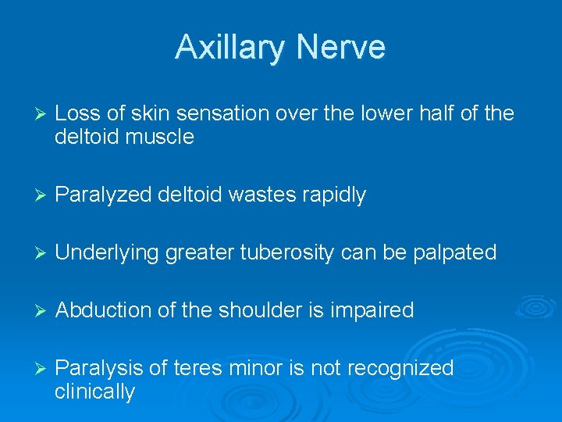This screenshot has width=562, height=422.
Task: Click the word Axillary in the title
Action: [226, 48]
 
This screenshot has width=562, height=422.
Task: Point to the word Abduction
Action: [104, 310]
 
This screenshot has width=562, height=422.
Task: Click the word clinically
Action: [94, 392]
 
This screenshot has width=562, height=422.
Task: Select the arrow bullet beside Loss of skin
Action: [33, 115]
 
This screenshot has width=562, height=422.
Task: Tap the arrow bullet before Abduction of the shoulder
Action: [33, 311]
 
